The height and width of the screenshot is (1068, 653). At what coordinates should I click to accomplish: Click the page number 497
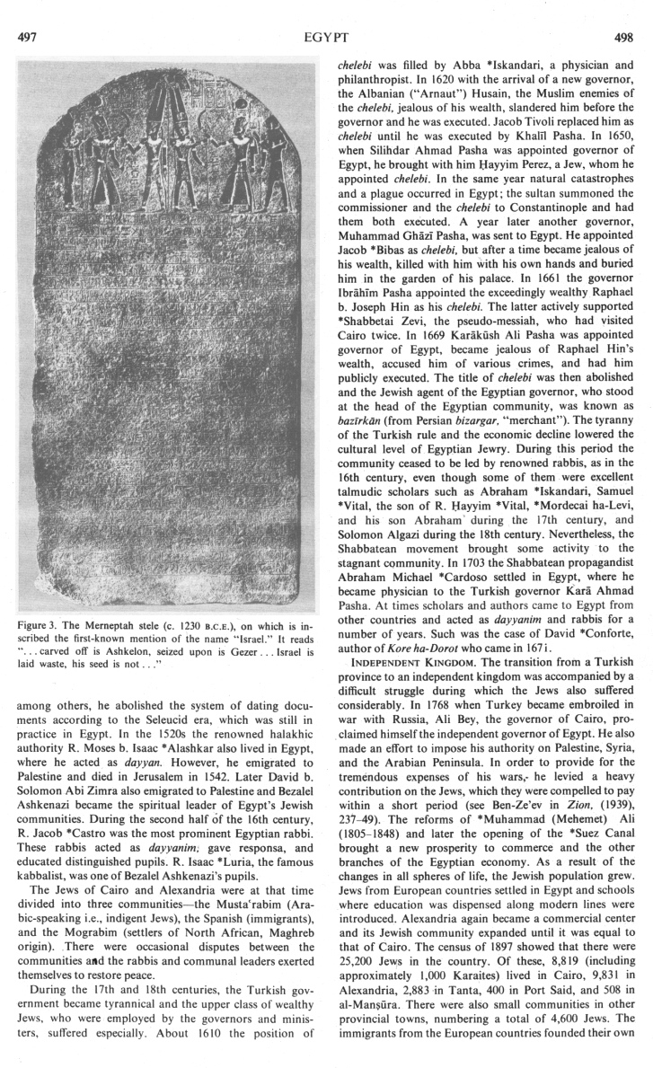click(28, 14)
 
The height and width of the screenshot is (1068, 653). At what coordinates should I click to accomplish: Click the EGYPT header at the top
click(328, 14)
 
